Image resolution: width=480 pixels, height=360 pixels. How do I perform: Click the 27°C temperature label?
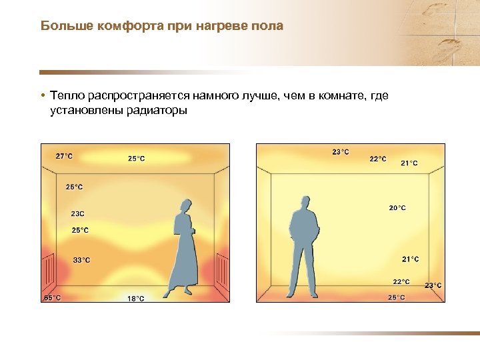coord(64,156)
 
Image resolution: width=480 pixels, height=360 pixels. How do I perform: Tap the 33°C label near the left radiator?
coord(81,260)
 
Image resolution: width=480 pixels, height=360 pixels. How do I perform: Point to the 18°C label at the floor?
coord(136,299)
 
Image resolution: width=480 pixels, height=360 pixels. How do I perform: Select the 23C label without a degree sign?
coord(77,214)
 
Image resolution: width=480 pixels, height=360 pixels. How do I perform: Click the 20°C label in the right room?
coord(397,208)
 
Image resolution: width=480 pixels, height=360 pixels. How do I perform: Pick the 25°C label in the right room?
coord(396,297)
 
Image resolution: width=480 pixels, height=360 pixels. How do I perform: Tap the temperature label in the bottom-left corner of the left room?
coord(52,298)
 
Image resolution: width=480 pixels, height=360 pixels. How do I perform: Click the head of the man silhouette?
coord(305,203)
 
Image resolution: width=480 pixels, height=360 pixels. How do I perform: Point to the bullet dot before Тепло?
coord(42,97)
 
